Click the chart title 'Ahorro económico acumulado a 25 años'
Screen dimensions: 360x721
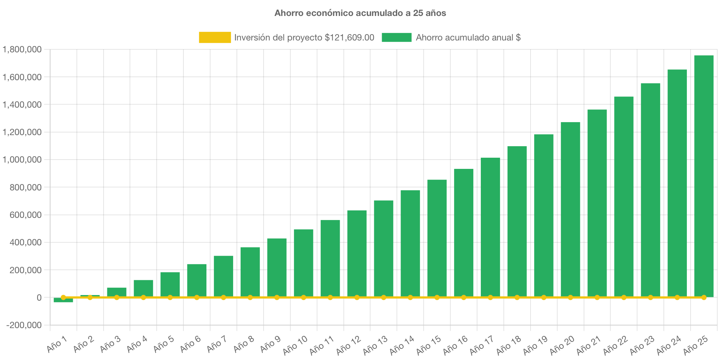[360, 13]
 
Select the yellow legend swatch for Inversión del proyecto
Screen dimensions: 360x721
[215, 37]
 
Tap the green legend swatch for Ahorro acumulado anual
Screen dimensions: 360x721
[397, 37]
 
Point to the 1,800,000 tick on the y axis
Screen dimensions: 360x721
[22, 49]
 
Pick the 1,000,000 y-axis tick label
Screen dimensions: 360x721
[22, 160]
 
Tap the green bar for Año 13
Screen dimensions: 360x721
[384, 249]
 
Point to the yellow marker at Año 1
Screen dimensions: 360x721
[63, 297]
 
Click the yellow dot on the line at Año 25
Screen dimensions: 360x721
[704, 297]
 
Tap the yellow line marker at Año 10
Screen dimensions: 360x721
[303, 297]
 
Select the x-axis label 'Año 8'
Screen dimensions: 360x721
[244, 344]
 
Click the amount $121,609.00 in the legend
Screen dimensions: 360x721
[349, 37]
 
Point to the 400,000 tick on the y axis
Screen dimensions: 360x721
[25, 243]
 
